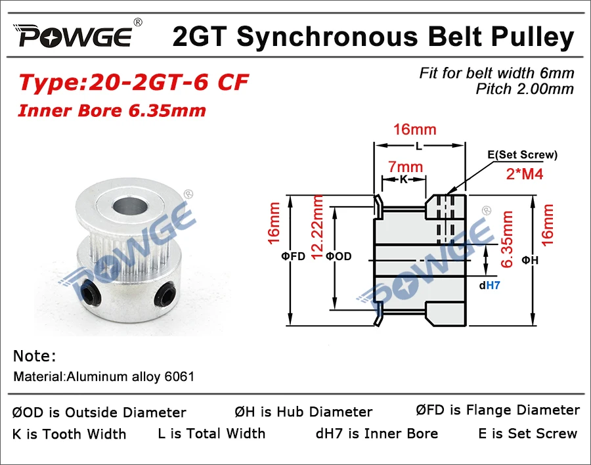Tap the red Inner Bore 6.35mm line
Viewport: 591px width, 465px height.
point(112,110)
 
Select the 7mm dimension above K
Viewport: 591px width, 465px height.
point(405,167)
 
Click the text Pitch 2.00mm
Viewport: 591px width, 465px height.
point(525,89)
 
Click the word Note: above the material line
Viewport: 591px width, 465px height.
point(34,356)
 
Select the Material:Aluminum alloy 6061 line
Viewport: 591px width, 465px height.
point(104,377)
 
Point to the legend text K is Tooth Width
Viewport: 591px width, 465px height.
point(69,433)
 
